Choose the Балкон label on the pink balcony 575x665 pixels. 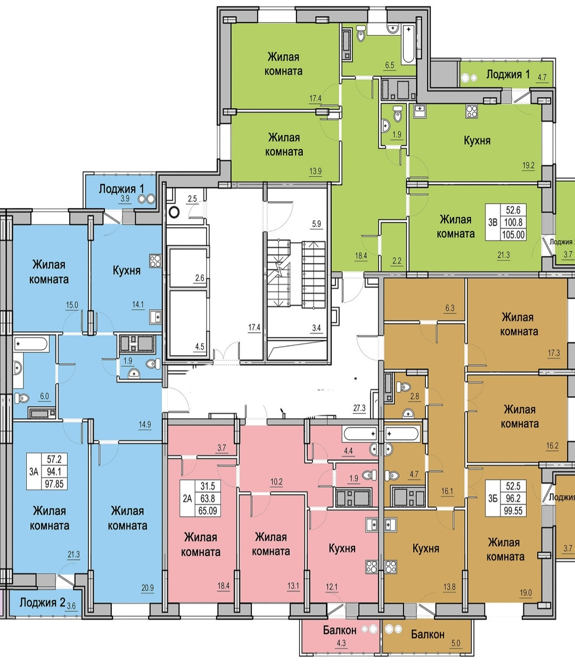click(x=339, y=630)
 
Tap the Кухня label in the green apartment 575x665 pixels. click(x=477, y=141)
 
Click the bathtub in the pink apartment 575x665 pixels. click(x=360, y=433)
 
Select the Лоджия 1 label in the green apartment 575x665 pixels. click(x=508, y=75)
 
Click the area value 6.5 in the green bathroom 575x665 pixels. click(x=389, y=65)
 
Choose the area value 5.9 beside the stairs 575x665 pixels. click(x=316, y=224)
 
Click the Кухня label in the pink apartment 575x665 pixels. click(x=342, y=548)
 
